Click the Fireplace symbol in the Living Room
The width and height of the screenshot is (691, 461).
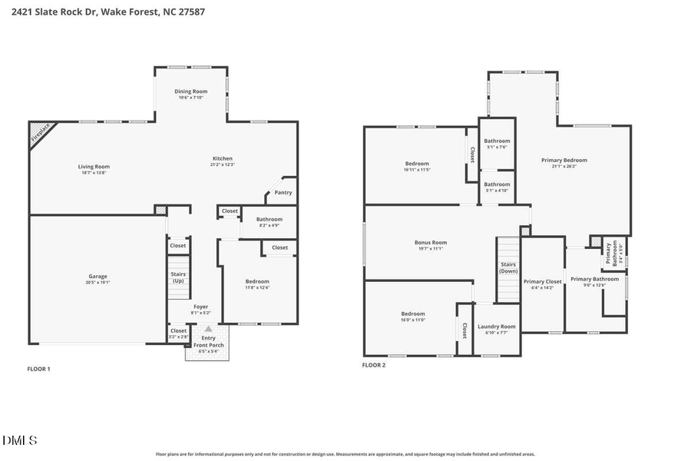pos(40,133)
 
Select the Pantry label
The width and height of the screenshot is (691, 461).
pos(283,193)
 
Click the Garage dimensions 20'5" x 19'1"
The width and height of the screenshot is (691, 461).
pos(98,283)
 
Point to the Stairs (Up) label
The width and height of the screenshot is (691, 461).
pos(177,277)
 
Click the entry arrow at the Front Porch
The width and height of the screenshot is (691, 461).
pos(208,329)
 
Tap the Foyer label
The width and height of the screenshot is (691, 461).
pos(200,307)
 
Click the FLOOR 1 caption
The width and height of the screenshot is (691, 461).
pos(38,369)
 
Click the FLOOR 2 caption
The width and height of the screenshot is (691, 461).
pos(374,365)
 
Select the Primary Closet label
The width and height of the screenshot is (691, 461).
pos(542,282)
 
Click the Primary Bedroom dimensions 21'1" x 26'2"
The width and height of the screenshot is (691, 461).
pos(564,166)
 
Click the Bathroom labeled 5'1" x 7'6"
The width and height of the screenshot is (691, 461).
pos(497,144)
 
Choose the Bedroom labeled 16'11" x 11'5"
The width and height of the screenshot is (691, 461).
pos(417,166)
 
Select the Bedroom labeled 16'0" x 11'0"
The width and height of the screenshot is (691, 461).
pos(412,317)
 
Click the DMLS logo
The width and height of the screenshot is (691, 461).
pos(20,440)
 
